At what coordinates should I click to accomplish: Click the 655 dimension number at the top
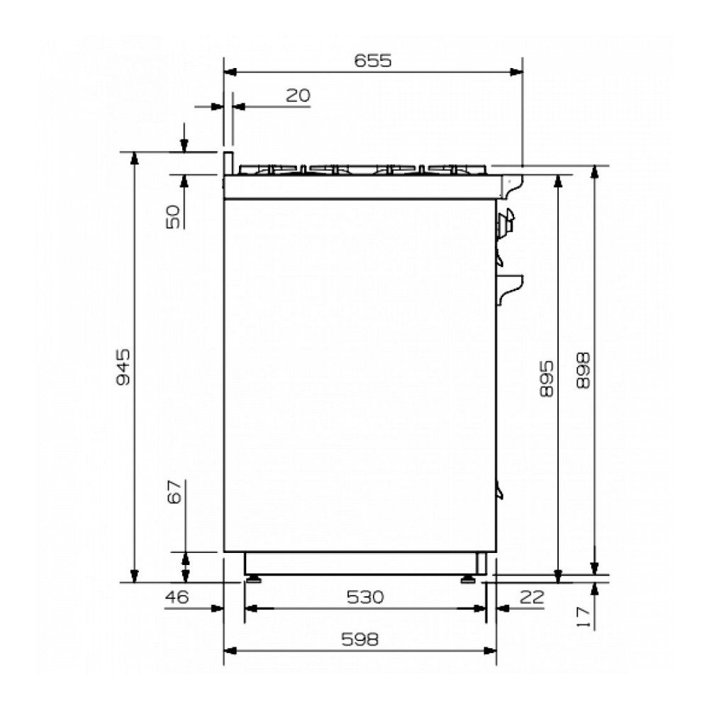[373, 60]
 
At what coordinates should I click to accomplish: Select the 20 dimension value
[298, 96]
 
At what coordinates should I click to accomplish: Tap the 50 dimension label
[173, 217]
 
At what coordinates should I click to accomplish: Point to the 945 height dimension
[123, 367]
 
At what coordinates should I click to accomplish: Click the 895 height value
[546, 379]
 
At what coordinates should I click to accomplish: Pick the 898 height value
[584, 371]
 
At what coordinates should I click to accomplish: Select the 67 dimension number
[174, 491]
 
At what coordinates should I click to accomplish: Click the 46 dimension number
[177, 597]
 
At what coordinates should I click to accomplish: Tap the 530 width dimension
[365, 597]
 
